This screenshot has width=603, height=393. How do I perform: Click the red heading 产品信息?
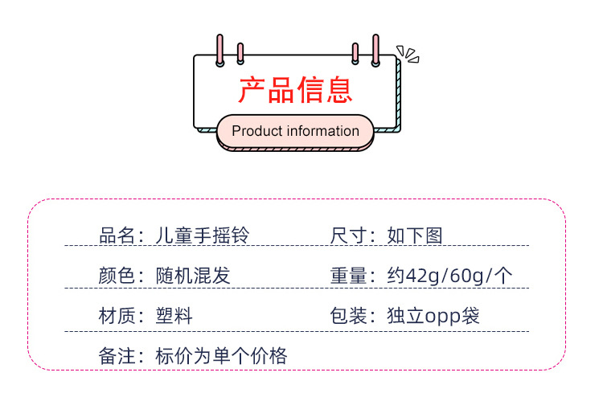(295, 91)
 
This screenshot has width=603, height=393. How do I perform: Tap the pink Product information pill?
(295, 132)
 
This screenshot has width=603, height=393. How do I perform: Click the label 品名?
(117, 235)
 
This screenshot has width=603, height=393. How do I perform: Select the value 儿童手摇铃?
(203, 235)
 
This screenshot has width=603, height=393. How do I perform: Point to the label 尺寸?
(349, 235)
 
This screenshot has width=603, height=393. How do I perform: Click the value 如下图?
(415, 235)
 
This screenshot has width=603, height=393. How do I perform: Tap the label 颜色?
(117, 276)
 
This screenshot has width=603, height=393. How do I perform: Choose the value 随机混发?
(194, 276)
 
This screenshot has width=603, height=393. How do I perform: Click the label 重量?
(349, 276)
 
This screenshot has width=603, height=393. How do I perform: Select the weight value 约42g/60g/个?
(449, 276)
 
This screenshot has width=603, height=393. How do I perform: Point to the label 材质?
(117, 316)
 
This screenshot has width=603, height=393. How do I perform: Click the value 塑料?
(174, 316)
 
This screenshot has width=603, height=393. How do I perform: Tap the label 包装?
(349, 316)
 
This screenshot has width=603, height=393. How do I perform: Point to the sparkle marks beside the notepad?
(410, 55)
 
